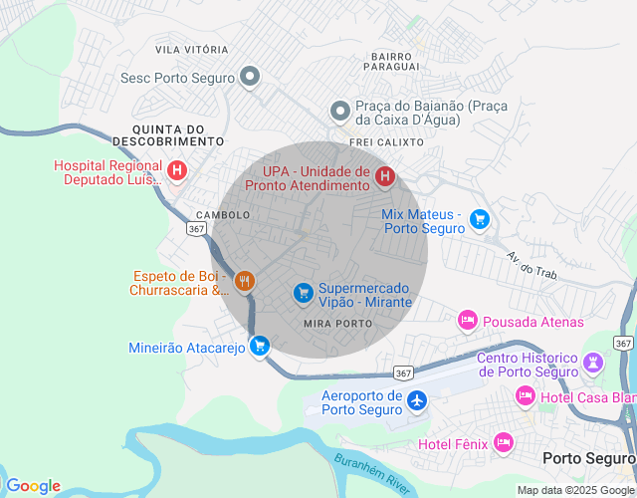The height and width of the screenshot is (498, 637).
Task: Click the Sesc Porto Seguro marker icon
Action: tap(250, 77)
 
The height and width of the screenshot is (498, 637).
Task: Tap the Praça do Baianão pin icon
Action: tap(340, 112)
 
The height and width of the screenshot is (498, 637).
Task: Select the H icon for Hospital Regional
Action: tap(177, 171)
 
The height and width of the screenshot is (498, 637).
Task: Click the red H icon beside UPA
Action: tap(385, 177)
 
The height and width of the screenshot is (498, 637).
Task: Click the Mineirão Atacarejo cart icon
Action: tap(260, 347)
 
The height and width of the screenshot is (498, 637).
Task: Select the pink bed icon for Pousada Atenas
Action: tap(467, 321)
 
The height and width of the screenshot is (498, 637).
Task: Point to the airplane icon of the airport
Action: tap(417, 400)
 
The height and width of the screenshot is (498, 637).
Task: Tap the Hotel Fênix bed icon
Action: tap(503, 442)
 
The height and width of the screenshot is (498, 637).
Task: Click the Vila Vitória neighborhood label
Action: tap(192, 49)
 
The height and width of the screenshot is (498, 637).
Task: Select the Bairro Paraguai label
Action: tap(391, 62)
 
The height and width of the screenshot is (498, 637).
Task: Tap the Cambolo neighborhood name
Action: tap(223, 215)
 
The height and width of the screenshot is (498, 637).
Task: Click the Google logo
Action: tap(33, 485)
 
